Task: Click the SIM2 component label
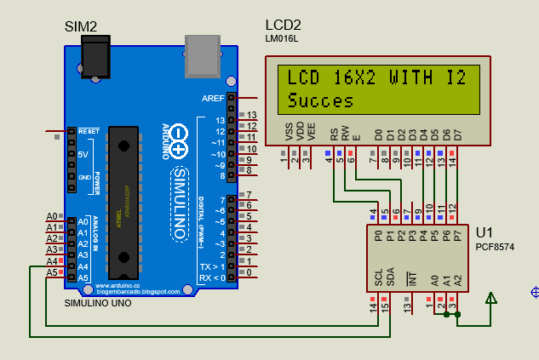(81, 27)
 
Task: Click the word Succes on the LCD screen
(320, 101)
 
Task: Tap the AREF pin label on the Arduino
(213, 99)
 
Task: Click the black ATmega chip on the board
(124, 200)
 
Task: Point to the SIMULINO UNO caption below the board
(97, 303)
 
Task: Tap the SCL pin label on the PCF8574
(378, 277)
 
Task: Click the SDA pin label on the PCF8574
(390, 277)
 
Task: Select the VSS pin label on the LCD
(288, 134)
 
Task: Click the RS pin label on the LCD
(334, 134)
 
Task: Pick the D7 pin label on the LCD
(457, 134)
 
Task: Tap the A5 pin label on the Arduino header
(83, 278)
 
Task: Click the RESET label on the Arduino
(89, 132)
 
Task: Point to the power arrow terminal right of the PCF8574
(490, 298)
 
